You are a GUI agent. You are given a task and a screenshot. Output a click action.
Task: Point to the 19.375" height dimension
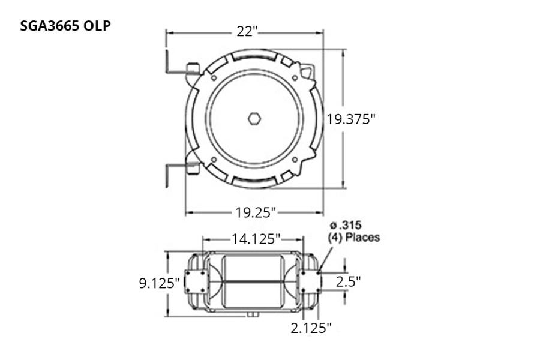(351, 119)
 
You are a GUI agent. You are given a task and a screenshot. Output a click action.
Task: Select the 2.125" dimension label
(311, 328)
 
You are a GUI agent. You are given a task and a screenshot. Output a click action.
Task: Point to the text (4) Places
(353, 238)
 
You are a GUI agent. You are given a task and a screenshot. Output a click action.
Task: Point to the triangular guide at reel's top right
(308, 73)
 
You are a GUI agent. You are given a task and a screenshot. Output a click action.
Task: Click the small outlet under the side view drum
(251, 314)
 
